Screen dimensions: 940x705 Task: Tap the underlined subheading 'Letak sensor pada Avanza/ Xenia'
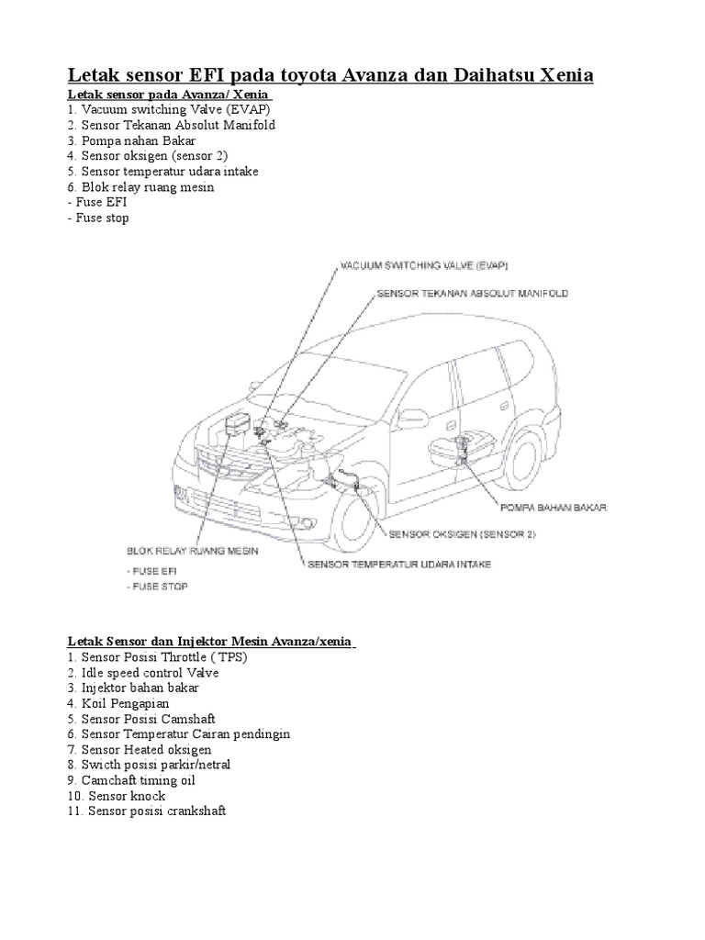point(170,95)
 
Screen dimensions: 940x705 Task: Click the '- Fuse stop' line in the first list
point(98,218)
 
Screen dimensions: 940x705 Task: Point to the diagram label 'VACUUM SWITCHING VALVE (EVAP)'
point(424,265)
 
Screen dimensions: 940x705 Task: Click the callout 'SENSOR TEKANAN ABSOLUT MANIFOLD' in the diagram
point(473,294)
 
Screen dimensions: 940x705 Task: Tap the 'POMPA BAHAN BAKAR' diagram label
point(553,506)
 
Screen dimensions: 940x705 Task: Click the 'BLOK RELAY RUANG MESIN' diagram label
point(192,552)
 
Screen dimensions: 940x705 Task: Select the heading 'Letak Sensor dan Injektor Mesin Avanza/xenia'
point(211,640)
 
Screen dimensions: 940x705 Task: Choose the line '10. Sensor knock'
point(117,796)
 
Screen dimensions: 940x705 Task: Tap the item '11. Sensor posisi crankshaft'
point(147,811)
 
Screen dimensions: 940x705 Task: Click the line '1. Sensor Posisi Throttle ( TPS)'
point(158,657)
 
